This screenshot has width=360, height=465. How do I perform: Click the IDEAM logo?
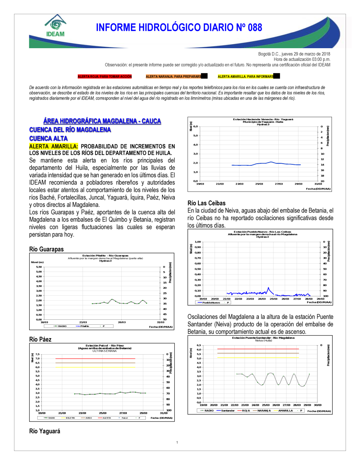(x=55, y=26)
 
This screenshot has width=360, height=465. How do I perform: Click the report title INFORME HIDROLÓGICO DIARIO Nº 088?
(x=179, y=28)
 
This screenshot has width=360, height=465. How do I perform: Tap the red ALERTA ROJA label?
(x=105, y=77)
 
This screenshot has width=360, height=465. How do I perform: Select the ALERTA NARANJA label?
(x=174, y=77)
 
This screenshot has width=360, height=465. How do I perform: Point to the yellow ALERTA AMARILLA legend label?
(x=246, y=77)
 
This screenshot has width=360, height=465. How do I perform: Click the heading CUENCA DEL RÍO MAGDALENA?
(x=70, y=130)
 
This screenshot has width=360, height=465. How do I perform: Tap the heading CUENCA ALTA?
(x=48, y=138)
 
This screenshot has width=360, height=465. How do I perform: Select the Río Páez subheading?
(x=40, y=339)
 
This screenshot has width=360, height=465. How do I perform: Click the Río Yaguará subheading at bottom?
(x=45, y=431)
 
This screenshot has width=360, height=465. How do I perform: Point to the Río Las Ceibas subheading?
(x=207, y=203)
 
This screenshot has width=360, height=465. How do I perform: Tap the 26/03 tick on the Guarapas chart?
(x=122, y=322)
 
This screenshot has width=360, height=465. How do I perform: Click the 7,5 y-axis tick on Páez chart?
(x=37, y=354)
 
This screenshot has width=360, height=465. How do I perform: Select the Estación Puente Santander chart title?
(x=263, y=338)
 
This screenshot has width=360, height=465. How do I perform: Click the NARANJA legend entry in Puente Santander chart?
(x=264, y=410)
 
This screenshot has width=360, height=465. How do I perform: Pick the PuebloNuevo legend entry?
(x=211, y=302)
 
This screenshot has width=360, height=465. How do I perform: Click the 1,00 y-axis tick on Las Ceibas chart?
(x=198, y=242)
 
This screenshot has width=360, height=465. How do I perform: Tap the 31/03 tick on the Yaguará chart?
(x=318, y=184)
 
